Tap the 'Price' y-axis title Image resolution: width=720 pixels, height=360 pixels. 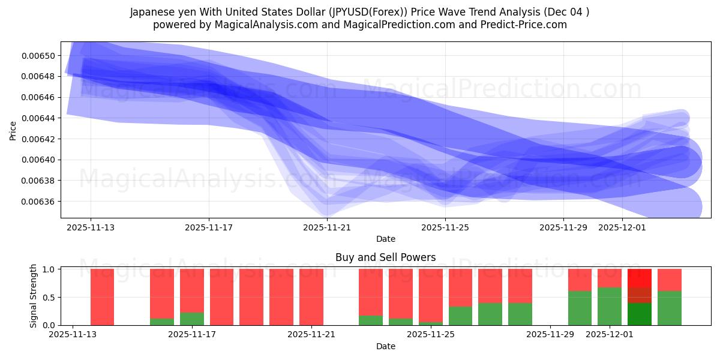point(13,130)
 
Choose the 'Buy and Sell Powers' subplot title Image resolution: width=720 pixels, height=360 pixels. point(385,257)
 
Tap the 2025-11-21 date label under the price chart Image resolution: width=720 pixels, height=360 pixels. point(327,227)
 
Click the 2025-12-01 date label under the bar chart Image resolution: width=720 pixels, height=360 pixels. point(610,335)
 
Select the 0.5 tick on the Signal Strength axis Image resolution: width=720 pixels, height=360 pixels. point(49,297)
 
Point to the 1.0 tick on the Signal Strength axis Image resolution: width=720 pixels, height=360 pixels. point(49,269)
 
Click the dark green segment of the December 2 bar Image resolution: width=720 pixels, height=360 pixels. point(640,314)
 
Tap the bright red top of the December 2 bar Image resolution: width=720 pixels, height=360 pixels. point(640,278)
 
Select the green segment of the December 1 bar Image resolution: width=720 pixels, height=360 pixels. point(610,306)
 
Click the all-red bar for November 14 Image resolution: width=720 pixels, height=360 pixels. point(102,297)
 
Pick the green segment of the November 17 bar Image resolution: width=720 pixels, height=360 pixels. point(192,319)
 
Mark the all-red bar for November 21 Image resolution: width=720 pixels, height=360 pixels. point(311,297)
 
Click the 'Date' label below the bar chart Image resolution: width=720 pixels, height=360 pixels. point(385,346)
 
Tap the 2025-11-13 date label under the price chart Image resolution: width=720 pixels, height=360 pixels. point(91,227)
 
